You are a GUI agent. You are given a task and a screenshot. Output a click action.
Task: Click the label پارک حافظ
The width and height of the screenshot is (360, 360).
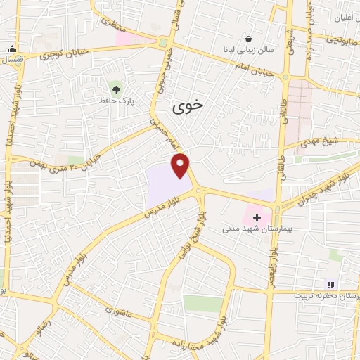[x=117, y=100]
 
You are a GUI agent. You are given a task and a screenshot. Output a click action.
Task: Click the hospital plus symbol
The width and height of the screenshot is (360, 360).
[x=257, y=218]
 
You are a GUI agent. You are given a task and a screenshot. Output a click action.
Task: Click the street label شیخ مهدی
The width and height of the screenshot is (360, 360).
[x=323, y=141]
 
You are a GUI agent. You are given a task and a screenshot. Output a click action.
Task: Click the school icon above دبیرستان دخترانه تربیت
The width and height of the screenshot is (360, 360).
[x=330, y=285]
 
